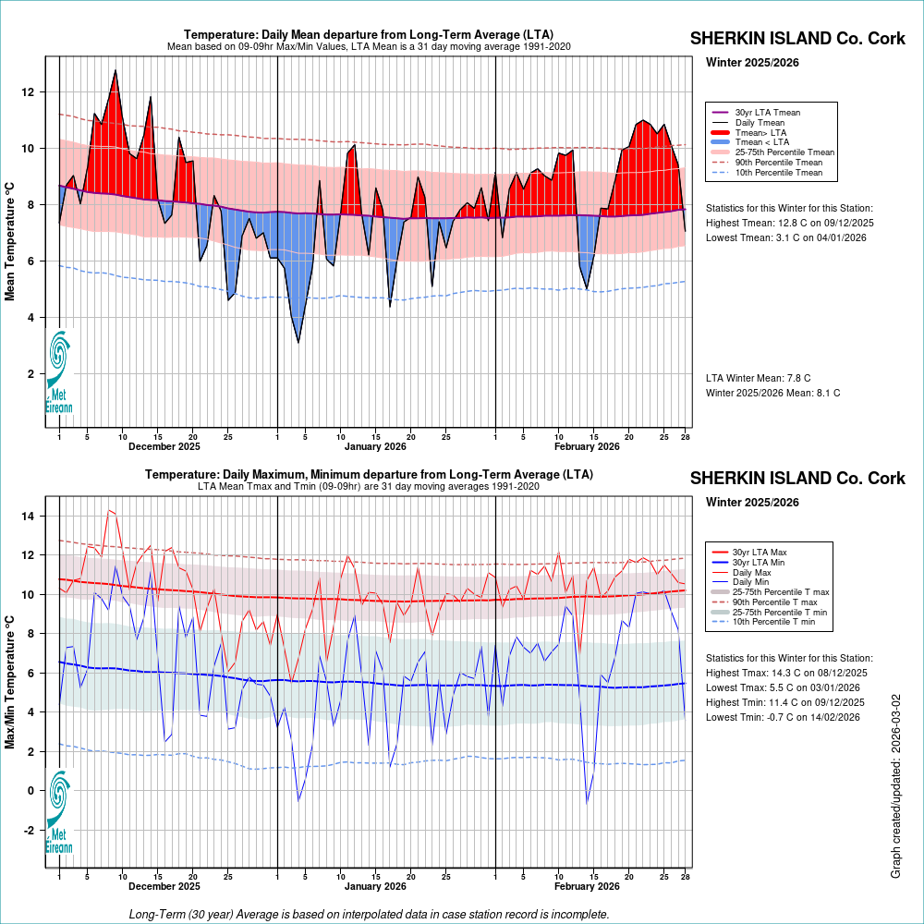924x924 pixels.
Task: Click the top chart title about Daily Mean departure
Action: (369, 35)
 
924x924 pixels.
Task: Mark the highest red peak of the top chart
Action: (115, 71)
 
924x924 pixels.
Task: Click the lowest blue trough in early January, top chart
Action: (298, 342)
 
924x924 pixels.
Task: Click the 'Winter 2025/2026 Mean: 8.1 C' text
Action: (772, 393)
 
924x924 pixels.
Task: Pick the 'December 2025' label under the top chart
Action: (164, 446)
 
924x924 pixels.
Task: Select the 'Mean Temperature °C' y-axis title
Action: (10, 240)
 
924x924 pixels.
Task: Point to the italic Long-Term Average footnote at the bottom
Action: (369, 914)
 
